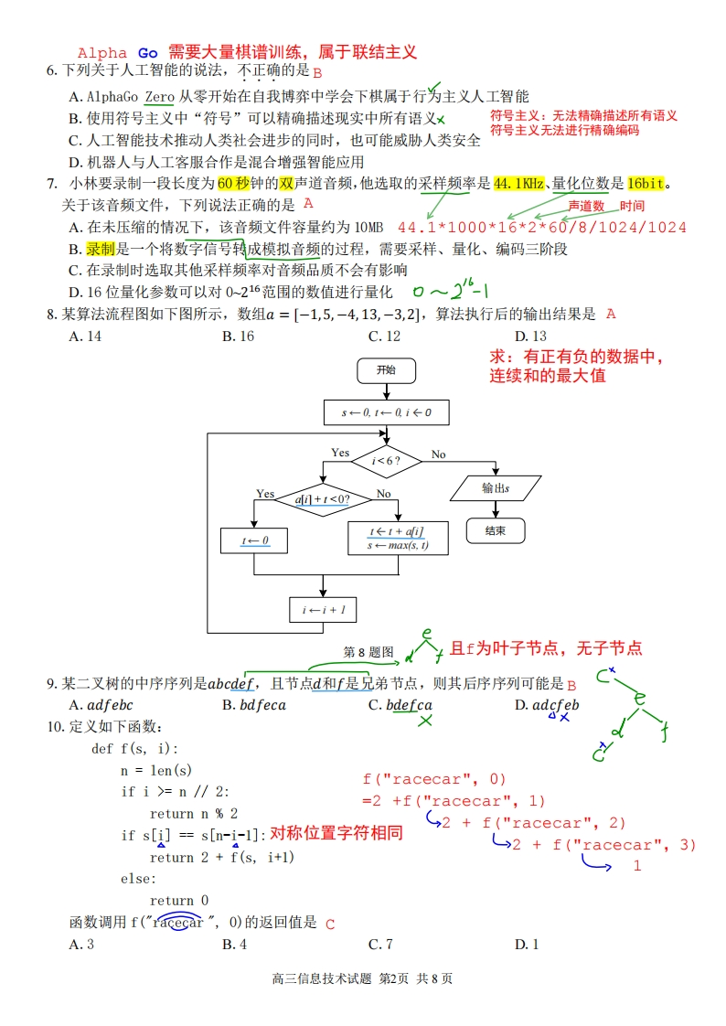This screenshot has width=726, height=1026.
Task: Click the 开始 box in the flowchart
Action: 386,370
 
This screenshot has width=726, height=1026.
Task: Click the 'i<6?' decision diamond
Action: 386,461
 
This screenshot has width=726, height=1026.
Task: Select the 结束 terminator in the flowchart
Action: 496,530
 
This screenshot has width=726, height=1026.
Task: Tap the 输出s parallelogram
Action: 496,487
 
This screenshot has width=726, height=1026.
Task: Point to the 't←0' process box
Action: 255,540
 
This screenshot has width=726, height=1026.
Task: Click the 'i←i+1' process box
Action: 324,609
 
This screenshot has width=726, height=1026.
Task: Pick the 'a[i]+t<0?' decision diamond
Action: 321,499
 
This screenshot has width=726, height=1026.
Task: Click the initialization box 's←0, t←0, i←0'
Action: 386,412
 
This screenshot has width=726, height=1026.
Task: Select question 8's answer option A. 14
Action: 85,336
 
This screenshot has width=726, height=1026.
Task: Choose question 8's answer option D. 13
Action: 530,336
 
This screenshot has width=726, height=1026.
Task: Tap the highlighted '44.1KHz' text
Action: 518,183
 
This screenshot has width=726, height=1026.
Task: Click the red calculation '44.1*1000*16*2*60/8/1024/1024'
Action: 542,227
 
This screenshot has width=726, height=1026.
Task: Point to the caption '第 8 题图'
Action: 368,652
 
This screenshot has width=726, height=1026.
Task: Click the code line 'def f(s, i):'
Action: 135,748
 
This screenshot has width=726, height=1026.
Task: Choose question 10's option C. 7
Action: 380,944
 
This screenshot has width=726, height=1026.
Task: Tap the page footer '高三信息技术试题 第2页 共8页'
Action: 362,978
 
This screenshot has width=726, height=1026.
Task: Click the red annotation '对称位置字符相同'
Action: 336,834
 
